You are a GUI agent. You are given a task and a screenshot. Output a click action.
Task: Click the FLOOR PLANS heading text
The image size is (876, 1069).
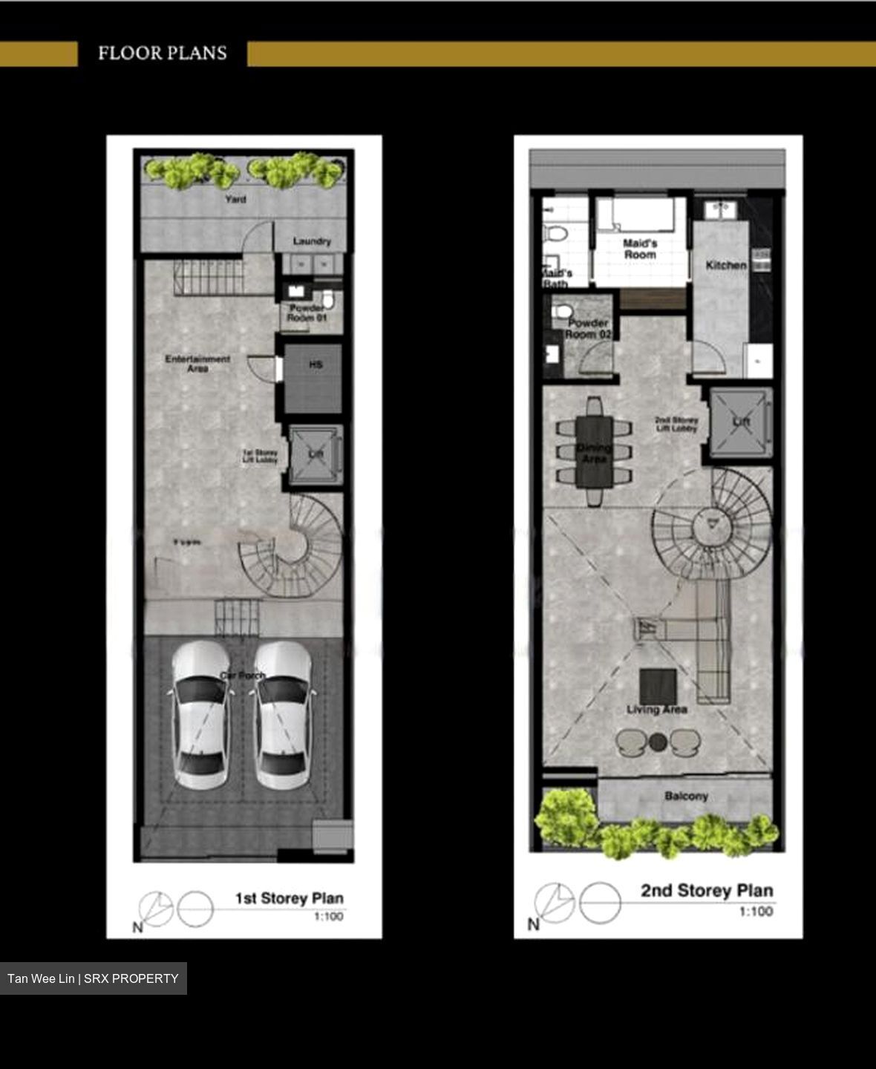[x=162, y=53]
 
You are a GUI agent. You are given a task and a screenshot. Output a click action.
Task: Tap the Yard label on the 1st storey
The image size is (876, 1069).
[x=235, y=199]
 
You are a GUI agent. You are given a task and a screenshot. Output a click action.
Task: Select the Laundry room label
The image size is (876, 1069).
[x=312, y=241]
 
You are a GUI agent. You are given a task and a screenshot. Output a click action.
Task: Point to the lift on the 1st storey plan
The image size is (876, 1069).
[x=316, y=454]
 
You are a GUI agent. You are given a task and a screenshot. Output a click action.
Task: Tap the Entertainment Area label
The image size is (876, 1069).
[x=197, y=363]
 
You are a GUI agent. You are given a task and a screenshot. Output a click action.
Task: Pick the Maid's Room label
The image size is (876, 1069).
[x=640, y=249]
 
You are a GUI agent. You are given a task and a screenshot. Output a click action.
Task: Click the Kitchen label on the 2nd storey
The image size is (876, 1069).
[x=725, y=265]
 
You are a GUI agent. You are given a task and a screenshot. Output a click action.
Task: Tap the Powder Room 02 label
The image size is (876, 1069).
[x=588, y=329]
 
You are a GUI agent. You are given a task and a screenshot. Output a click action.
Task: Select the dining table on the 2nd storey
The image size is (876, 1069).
[x=594, y=451]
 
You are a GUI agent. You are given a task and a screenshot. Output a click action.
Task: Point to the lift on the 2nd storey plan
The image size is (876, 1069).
[x=741, y=422]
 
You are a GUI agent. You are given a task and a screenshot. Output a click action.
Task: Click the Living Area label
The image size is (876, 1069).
[x=656, y=710]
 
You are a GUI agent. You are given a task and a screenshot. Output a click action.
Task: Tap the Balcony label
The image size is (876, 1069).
[x=686, y=796]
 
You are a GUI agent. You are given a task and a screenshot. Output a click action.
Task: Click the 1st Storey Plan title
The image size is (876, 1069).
[x=289, y=898]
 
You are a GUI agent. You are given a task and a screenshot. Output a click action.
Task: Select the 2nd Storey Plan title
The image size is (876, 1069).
[x=707, y=891]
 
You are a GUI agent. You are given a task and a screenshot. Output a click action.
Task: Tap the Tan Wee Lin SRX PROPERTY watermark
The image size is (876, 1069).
[x=93, y=978]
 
